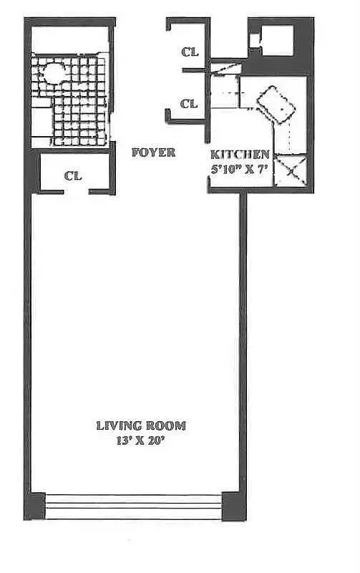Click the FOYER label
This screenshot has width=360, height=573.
point(153,153)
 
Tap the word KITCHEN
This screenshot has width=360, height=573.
point(240,154)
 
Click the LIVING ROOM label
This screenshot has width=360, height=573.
point(141,425)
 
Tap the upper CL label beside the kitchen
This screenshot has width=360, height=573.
point(189,51)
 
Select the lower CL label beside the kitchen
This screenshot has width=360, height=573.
point(189,104)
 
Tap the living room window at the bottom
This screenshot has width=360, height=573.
point(134,506)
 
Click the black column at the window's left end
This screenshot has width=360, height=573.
point(35,506)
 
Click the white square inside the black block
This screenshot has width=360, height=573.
point(276,39)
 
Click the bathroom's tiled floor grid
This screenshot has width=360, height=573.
point(82,107)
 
